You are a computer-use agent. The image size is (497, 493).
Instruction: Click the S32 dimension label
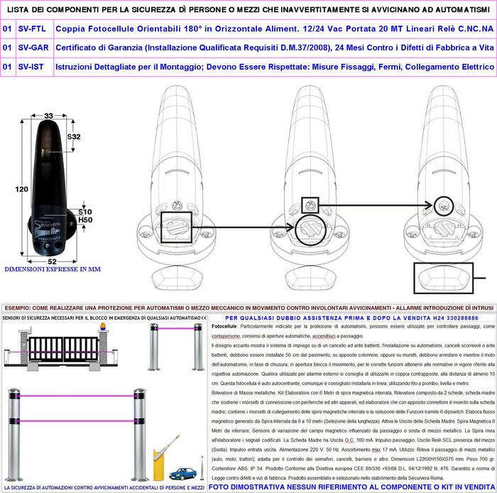[74, 136]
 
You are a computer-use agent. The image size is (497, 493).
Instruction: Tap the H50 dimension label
[85, 220]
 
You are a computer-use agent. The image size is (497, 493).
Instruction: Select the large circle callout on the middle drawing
[312, 231]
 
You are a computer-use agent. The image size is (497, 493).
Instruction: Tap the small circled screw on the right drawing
[444, 204]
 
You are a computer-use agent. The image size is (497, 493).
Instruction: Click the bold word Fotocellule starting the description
[226, 325]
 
